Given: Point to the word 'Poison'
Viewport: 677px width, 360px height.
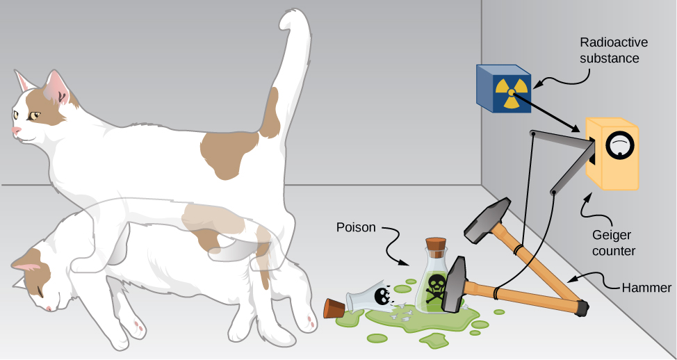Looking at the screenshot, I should click(x=357, y=227).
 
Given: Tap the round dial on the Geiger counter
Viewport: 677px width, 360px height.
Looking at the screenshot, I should click(x=619, y=145).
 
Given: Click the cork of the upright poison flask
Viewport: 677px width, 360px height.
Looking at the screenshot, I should click(x=435, y=245).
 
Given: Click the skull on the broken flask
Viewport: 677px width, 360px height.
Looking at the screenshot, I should click(x=382, y=297).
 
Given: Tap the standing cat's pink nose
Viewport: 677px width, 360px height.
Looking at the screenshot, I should click(x=15, y=130).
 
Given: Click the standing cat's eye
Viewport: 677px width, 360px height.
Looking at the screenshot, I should click(x=35, y=115).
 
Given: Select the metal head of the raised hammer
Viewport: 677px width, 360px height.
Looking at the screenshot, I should click(x=490, y=220).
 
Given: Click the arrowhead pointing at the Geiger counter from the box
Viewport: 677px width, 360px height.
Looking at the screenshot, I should click(x=578, y=129).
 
